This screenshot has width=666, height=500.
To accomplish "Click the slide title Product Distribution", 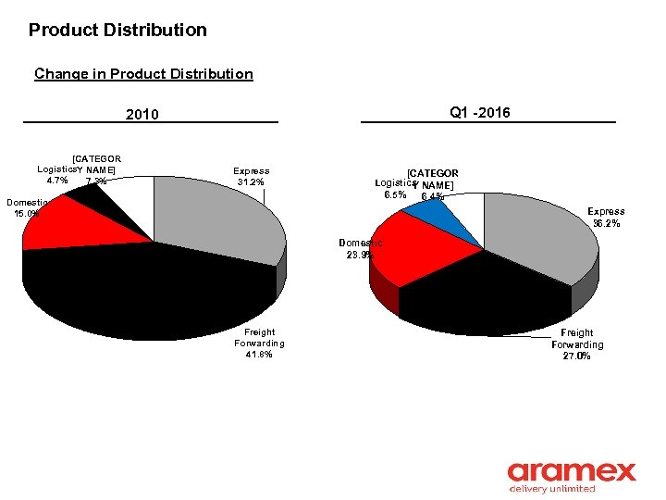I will [x=117, y=30].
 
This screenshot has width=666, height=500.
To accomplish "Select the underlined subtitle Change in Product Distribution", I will [x=143, y=73].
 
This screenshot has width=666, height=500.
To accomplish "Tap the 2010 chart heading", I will [x=142, y=115].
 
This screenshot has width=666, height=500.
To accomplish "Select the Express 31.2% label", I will [x=251, y=176].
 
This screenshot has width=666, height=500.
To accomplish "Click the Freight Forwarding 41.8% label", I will [x=259, y=343].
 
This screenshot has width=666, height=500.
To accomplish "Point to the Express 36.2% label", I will [x=606, y=218].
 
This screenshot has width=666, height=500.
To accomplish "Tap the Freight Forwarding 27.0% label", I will [x=577, y=344].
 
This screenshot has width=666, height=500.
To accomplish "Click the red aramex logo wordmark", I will [x=572, y=471].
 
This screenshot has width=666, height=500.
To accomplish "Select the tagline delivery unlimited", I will [x=552, y=489].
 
